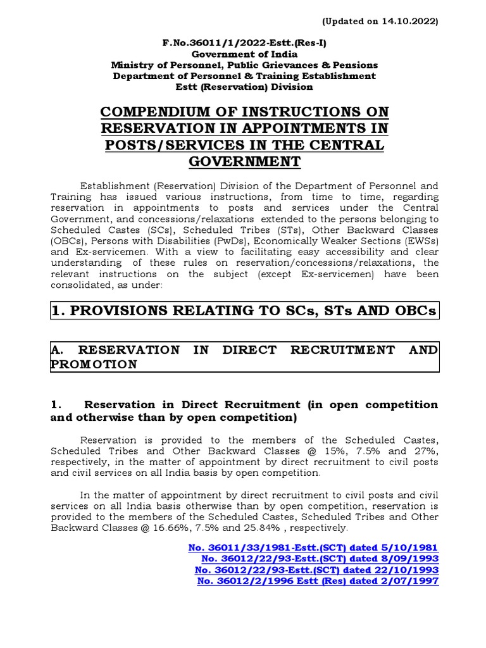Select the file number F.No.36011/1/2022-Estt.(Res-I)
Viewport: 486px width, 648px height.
(244, 43)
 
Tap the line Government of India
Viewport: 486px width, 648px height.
(244, 54)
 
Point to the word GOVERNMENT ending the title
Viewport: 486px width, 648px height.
(244, 161)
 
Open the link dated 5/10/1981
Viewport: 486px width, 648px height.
(313, 547)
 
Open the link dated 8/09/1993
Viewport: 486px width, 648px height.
(320, 559)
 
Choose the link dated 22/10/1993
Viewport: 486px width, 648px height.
(316, 570)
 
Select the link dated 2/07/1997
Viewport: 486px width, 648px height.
(318, 581)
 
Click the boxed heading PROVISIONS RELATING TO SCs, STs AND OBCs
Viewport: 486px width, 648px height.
(244, 311)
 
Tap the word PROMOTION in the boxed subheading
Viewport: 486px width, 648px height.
(93, 364)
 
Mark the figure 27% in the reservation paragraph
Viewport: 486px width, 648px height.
(425, 451)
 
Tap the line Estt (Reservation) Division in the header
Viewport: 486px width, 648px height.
(244, 87)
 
